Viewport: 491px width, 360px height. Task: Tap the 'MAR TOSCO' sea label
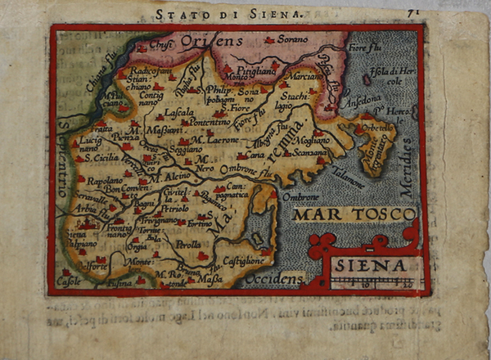(354, 215)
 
